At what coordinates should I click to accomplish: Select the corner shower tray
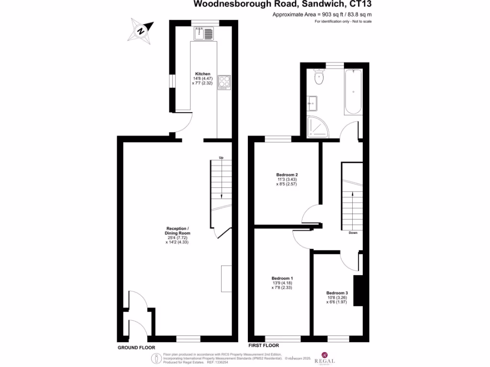pos(316,126)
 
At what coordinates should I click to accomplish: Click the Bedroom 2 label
pos(287,174)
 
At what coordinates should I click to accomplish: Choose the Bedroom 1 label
pos(282,278)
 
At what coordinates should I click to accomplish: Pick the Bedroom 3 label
pos(337,293)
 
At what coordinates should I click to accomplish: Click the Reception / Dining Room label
pos(178,228)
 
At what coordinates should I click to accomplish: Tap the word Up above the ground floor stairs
pos(221,158)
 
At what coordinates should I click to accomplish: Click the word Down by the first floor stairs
pos(353,233)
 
